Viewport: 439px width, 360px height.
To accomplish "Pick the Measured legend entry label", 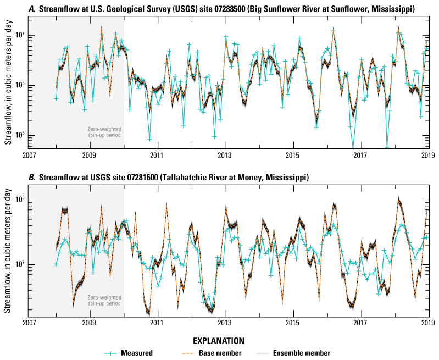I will pos(140,353).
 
